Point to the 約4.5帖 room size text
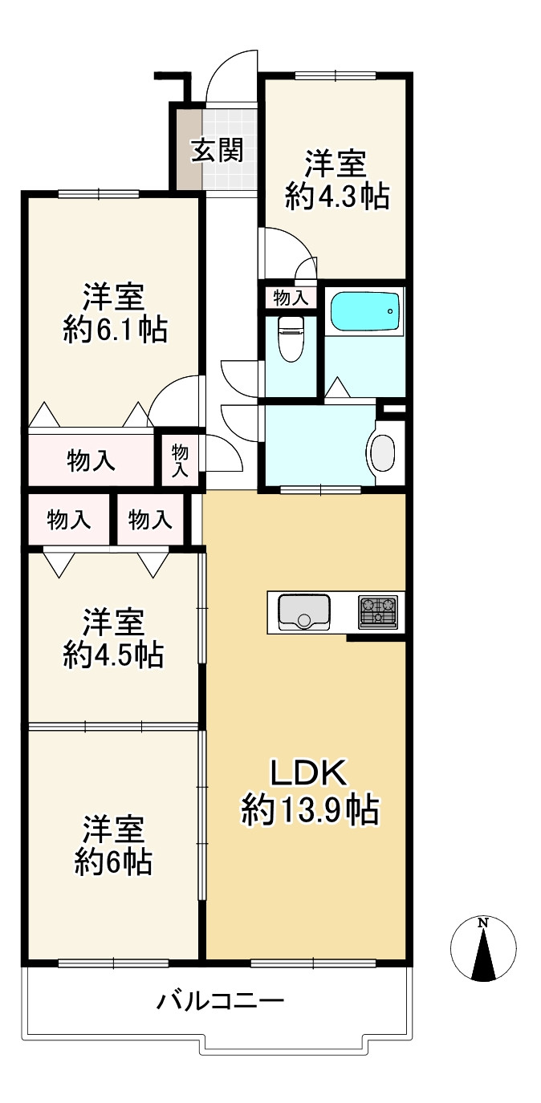113,655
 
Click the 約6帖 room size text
113,862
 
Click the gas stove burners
378,611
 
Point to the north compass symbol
483,947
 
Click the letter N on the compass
484,923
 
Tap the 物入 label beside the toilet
291,298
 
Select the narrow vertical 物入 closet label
180,460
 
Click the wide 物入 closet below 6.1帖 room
91,461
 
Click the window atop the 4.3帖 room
336,75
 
